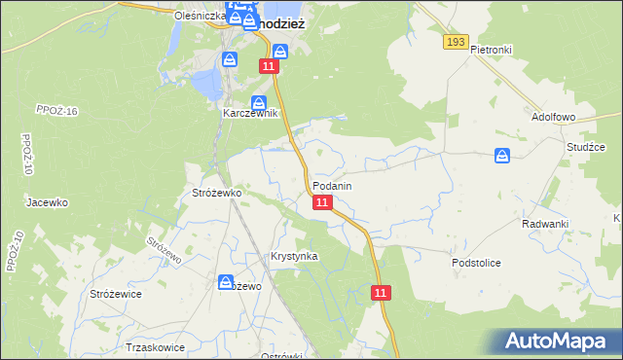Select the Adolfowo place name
click(x=555, y=116)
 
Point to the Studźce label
click(x=586, y=147)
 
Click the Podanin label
click(x=332, y=185)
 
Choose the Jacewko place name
click(x=47, y=202)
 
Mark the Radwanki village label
click(x=544, y=223)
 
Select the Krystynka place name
click(x=294, y=256)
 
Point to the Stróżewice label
click(x=116, y=293)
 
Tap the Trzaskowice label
click(x=155, y=346)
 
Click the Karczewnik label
click(x=250, y=113)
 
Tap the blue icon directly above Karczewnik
click(x=259, y=102)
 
